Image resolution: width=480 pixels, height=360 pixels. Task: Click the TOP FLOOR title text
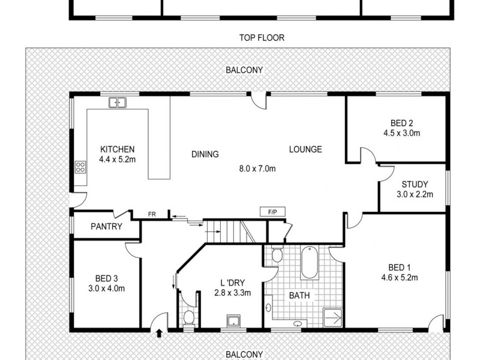coord(261,38)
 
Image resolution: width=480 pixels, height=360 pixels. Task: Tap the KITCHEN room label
coord(117,149)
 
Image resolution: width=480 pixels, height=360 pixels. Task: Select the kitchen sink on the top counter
coord(118,103)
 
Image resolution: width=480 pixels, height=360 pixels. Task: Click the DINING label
coord(205,154)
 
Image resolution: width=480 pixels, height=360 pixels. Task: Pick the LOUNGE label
coord(305,149)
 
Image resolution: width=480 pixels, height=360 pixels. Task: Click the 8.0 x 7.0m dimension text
coord(257,169)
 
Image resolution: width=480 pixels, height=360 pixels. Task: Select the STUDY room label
coord(413,185)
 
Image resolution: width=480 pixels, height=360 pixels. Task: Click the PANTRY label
coord(107,227)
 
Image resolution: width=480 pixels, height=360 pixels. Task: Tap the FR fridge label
coord(152,213)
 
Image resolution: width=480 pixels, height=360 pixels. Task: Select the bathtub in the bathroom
coord(310,262)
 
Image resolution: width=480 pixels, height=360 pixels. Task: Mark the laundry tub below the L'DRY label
coord(232,321)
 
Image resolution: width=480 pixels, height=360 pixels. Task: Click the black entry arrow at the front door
coord(160,332)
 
